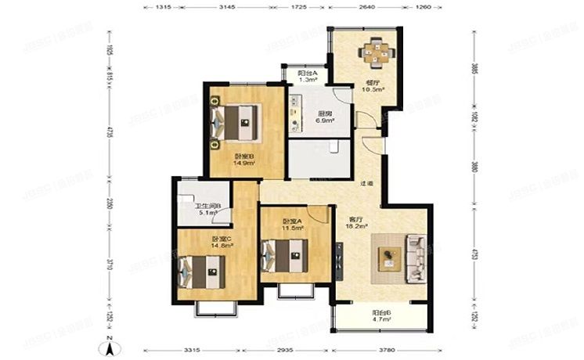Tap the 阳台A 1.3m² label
[307, 77]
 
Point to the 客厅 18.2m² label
[357, 225]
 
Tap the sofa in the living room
[413, 259]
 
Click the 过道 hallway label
[366, 184]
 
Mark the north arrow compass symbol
[112, 343]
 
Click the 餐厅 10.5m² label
[370, 87]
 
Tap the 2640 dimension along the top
[366, 6]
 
